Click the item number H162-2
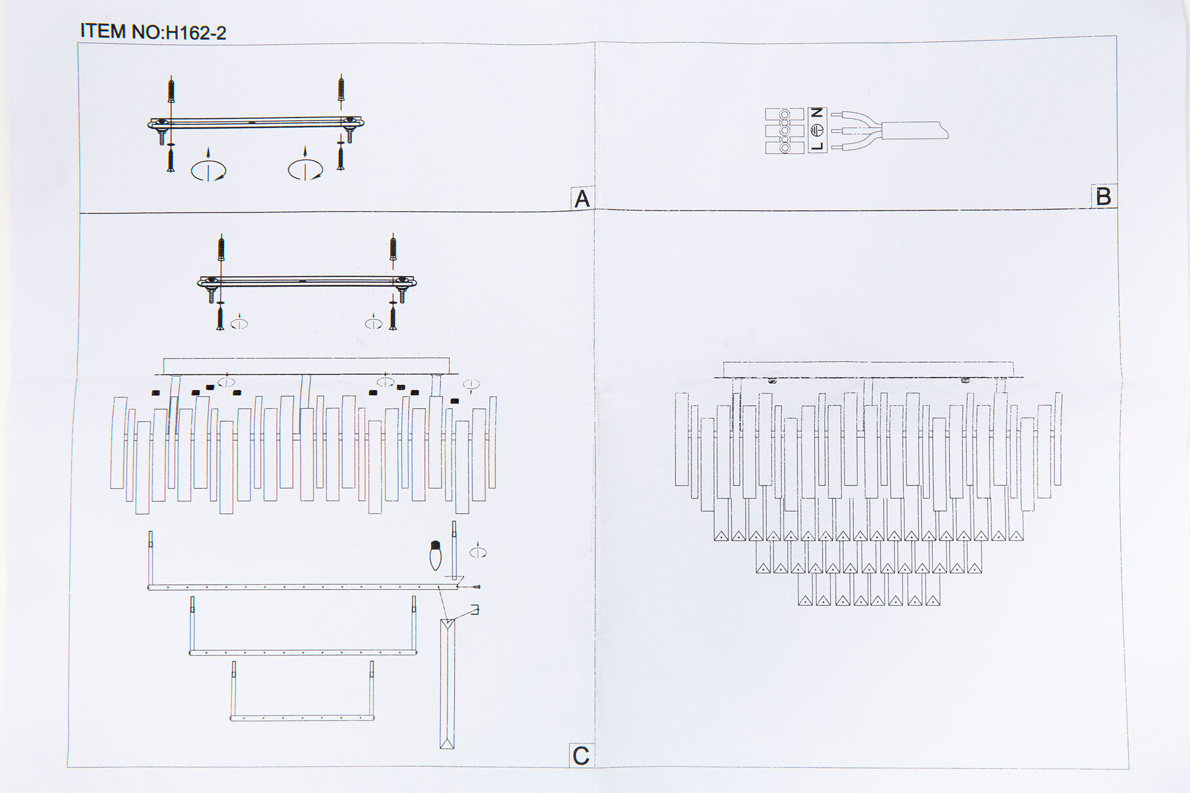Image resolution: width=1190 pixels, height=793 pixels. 196,33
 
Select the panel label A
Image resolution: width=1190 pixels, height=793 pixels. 582,199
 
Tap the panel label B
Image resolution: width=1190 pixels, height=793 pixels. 1103,196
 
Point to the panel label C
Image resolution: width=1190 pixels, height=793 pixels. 581,756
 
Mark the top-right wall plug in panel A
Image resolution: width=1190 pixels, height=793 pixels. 342,89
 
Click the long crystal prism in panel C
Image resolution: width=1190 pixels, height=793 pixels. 447,683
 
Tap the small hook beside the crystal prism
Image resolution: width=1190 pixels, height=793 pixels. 474,609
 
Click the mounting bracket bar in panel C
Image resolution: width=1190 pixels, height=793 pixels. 307,281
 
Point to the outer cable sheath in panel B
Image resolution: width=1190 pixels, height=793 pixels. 915,130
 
